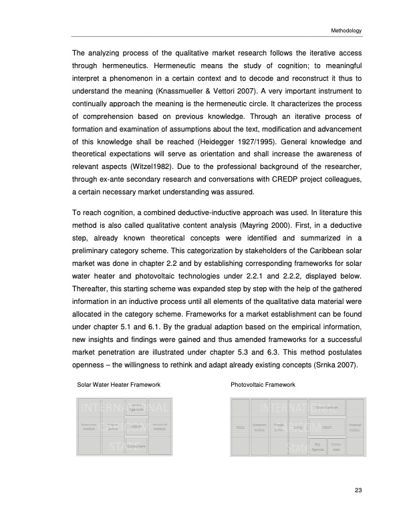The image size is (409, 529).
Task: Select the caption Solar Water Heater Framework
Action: click(x=118, y=385)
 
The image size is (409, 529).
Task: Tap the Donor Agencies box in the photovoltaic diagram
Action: click(x=325, y=407)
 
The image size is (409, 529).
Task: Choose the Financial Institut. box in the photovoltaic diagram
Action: click(x=355, y=425)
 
